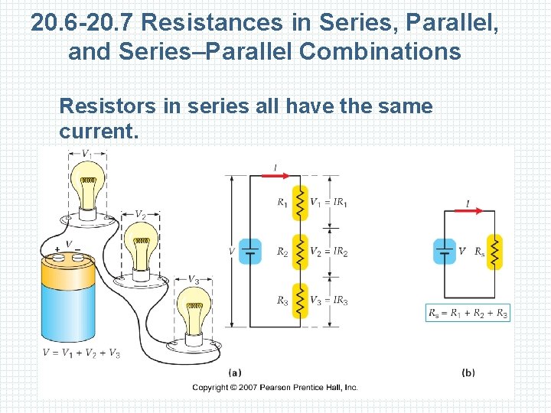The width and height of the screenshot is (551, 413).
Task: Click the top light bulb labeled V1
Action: [89, 187]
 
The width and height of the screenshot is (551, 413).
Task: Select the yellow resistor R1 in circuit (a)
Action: [300, 203]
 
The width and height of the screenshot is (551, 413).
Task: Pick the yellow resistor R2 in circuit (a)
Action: [300, 252]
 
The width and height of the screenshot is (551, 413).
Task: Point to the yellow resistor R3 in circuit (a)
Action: [300, 301]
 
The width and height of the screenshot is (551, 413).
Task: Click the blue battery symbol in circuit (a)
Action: [250, 251]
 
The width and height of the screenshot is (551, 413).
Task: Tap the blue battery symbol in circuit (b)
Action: [445, 251]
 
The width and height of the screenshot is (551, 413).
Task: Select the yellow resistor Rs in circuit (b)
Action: [494, 251]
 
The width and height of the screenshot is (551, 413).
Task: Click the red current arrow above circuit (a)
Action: [277, 175]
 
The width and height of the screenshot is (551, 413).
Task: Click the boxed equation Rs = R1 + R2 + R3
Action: [468, 313]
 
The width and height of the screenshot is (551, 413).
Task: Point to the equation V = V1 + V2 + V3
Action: [82, 353]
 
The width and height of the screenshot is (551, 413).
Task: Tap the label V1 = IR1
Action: [328, 203]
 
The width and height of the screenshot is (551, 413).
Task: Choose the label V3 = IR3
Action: [328, 301]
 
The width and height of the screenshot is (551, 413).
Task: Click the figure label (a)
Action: [235, 372]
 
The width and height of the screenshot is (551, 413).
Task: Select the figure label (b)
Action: [468, 372]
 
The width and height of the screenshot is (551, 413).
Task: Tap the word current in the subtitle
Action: [97, 132]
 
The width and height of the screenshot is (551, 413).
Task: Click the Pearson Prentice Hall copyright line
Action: [275, 388]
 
